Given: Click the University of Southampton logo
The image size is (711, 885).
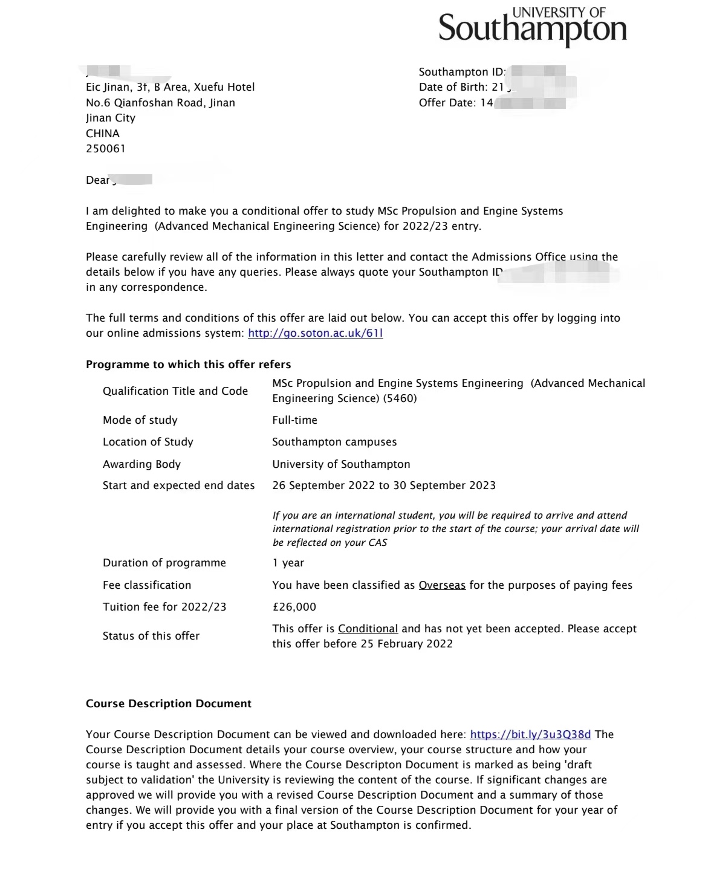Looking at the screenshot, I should pos(532,27).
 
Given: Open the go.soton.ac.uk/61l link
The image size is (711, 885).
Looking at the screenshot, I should pos(315,333).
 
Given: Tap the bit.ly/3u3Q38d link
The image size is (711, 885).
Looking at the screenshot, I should pos(530,734).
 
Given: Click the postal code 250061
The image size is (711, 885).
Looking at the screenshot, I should pos(106,149).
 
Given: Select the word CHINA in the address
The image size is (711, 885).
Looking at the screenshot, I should pos(103,134).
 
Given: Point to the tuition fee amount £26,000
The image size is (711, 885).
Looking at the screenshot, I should pos(294,607).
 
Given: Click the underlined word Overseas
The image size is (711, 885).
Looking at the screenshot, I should pos(442,585).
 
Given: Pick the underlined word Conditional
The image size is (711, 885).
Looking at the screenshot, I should pos(368,629).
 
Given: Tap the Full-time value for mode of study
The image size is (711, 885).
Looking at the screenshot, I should pos(294,420).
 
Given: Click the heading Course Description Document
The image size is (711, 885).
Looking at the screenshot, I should pos(169,704).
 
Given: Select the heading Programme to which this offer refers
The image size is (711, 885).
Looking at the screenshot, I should pos(188,365).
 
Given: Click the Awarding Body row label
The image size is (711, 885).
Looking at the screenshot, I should pos(141,464).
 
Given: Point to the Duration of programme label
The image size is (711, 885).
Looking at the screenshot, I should pos(164,563).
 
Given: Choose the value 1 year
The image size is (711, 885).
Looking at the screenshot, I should pos(288,563).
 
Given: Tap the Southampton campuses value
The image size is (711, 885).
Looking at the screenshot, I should pos(334,442).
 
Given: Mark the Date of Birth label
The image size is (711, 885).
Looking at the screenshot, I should pos(452,87).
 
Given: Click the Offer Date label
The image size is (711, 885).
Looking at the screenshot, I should pos(447,103).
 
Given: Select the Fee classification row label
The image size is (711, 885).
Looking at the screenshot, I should pos(147,585).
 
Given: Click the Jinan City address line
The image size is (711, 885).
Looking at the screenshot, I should pos(111,118).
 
